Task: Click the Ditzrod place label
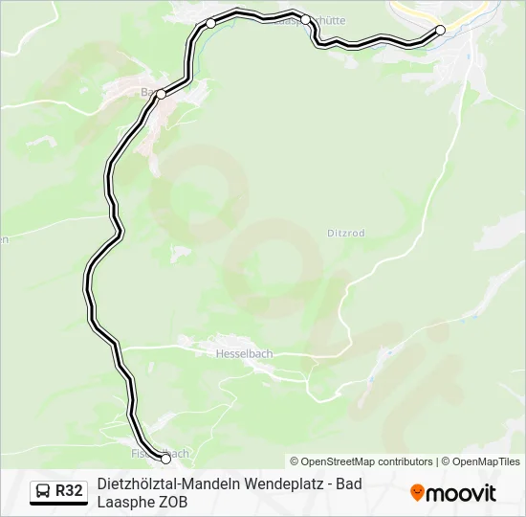point(346,233)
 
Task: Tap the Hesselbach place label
point(244,353)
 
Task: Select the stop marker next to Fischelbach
point(166,459)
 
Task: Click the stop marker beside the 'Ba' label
point(162,94)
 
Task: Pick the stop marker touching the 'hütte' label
point(305,19)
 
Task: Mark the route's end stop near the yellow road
point(441,30)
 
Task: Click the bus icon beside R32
point(43,491)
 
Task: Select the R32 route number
point(70,491)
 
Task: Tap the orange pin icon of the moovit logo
point(417,492)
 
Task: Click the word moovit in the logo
point(461,493)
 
